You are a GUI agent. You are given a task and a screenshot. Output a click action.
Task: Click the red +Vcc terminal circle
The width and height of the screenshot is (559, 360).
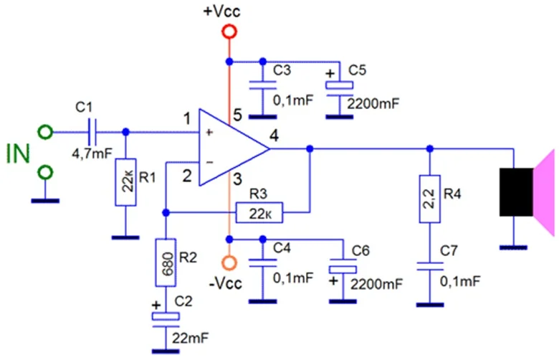pyautogui.click(x=229, y=32)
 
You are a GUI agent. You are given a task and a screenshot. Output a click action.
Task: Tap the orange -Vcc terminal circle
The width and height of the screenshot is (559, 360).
pyautogui.click(x=229, y=262)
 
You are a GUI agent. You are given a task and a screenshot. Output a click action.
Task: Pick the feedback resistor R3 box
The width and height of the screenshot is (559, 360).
pyautogui.click(x=259, y=213)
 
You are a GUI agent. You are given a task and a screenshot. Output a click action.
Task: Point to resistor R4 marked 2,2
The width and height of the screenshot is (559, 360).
pyautogui.click(x=430, y=196)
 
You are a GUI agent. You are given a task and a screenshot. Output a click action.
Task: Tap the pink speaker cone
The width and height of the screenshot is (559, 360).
pyautogui.click(x=545, y=191)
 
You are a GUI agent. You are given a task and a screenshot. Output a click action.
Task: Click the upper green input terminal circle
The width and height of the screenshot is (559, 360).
pyautogui.click(x=45, y=132)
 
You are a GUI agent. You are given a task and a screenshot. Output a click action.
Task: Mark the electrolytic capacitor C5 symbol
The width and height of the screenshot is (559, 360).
pyautogui.click(x=340, y=83)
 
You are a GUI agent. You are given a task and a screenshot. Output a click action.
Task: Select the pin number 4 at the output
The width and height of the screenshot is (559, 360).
pyautogui.click(x=275, y=136)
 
